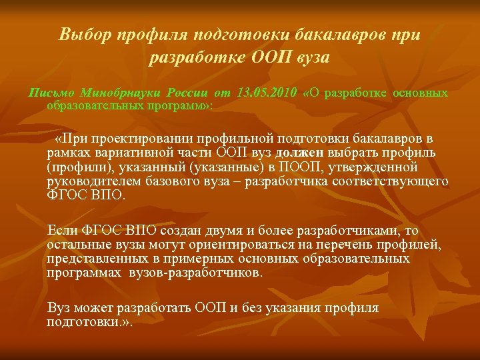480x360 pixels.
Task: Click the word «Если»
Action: pos(62,231)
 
